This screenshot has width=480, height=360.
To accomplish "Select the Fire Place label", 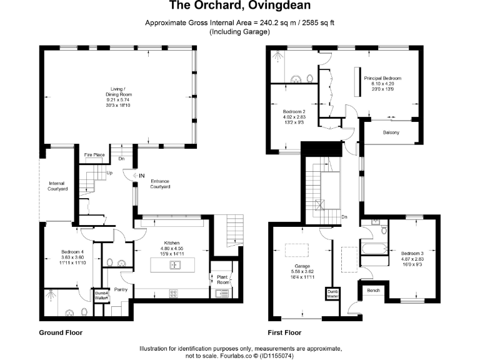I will [94, 154].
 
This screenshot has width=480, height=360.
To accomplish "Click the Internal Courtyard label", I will [57, 186].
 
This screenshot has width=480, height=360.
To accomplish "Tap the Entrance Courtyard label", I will [161, 184].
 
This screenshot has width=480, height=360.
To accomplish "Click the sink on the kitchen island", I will [174, 265].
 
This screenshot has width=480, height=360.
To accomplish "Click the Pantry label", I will [121, 289].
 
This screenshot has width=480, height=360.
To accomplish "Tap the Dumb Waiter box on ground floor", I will [101, 296].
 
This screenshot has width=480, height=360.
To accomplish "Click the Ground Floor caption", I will [61, 332].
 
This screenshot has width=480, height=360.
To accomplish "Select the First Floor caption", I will [284, 332].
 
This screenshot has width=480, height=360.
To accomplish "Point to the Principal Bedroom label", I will [382, 78].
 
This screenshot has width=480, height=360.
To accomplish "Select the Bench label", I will [374, 291].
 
